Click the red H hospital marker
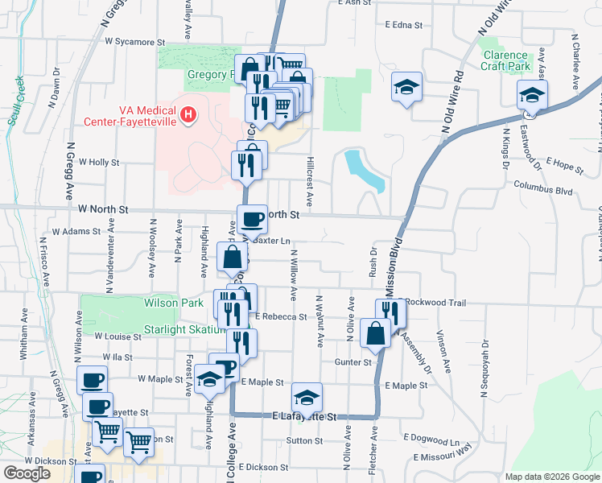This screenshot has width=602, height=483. [188, 115]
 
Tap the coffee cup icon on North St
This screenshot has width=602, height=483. [252, 218]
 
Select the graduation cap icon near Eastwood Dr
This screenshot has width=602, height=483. [532, 94]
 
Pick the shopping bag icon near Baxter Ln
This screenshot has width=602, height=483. [232, 258]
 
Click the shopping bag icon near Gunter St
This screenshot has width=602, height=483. [376, 334]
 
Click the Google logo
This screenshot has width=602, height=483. [27, 473]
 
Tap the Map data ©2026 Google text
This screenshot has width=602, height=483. [551, 477]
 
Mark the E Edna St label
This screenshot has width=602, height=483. [403, 25]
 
